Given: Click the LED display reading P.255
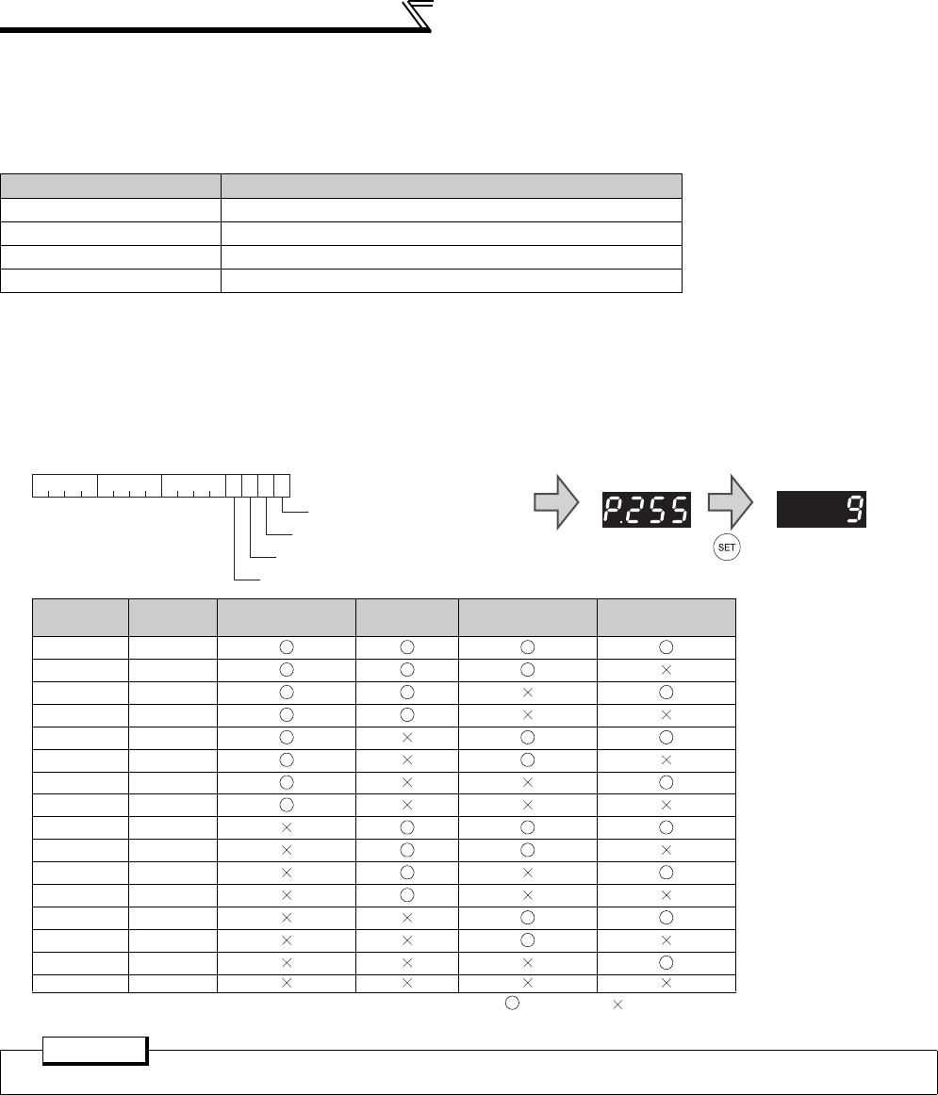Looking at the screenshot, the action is (646, 509).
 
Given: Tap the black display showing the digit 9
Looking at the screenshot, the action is (821, 509).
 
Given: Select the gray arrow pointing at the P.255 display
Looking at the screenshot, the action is (556, 502).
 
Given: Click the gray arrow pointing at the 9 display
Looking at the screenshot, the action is (731, 502).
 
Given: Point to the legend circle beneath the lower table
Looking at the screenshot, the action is (512, 1004).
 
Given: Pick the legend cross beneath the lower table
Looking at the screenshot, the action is (617, 1005).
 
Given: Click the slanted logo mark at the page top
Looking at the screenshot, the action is (418, 15).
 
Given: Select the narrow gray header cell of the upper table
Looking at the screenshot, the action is (111, 187).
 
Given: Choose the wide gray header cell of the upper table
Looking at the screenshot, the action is (452, 187).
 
